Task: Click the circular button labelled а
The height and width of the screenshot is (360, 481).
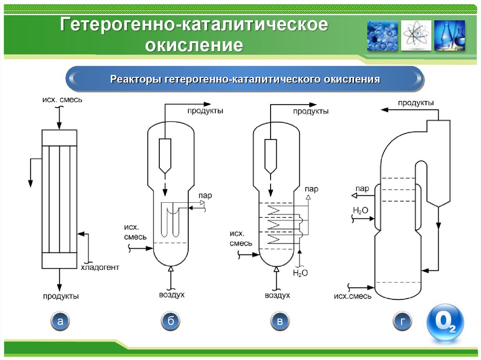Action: click(60, 322)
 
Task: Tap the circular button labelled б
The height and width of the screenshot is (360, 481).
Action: click(171, 322)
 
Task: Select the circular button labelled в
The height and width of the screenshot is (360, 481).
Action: click(280, 322)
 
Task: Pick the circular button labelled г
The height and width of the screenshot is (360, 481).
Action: click(403, 322)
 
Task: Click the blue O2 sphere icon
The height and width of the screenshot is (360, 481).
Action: click(444, 323)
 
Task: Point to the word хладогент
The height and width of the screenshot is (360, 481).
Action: click(100, 268)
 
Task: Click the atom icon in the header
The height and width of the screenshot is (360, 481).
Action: click(416, 35)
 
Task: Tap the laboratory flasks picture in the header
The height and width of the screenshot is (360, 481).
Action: click(450, 35)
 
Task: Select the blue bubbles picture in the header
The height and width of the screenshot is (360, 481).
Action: click(382, 35)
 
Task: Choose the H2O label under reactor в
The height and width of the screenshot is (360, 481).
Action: click(300, 273)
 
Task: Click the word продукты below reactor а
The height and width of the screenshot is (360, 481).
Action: click(61, 296)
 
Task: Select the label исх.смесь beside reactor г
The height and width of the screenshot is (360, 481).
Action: click(353, 296)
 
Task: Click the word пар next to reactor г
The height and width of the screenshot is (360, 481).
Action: click(362, 189)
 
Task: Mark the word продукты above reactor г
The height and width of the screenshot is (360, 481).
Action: click(416, 103)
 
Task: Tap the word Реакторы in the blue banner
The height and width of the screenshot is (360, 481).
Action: click(136, 79)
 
